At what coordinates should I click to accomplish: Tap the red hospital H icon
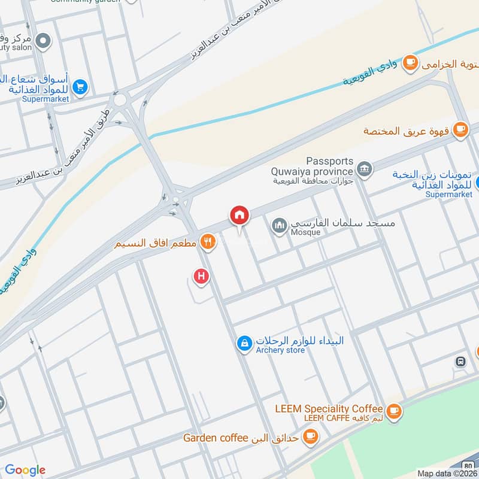tap(202, 276)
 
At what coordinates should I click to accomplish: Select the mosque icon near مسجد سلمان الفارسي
tap(279, 226)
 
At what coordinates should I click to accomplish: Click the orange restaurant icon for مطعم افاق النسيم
tap(207, 242)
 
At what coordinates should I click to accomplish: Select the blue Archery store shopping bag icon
tap(244, 343)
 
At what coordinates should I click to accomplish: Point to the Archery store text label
tap(281, 350)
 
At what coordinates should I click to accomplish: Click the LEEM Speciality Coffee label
tap(329, 409)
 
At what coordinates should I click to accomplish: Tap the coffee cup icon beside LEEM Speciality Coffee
tap(393, 410)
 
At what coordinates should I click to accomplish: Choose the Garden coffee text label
tap(216, 438)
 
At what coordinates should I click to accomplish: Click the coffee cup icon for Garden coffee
tap(310, 436)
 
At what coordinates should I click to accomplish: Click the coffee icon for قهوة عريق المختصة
tap(460, 129)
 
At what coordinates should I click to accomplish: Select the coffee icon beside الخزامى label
tap(410, 62)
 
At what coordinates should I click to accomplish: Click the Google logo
tap(25, 470)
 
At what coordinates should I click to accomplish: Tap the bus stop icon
tap(460, 362)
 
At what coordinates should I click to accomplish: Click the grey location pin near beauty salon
tap(43, 41)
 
